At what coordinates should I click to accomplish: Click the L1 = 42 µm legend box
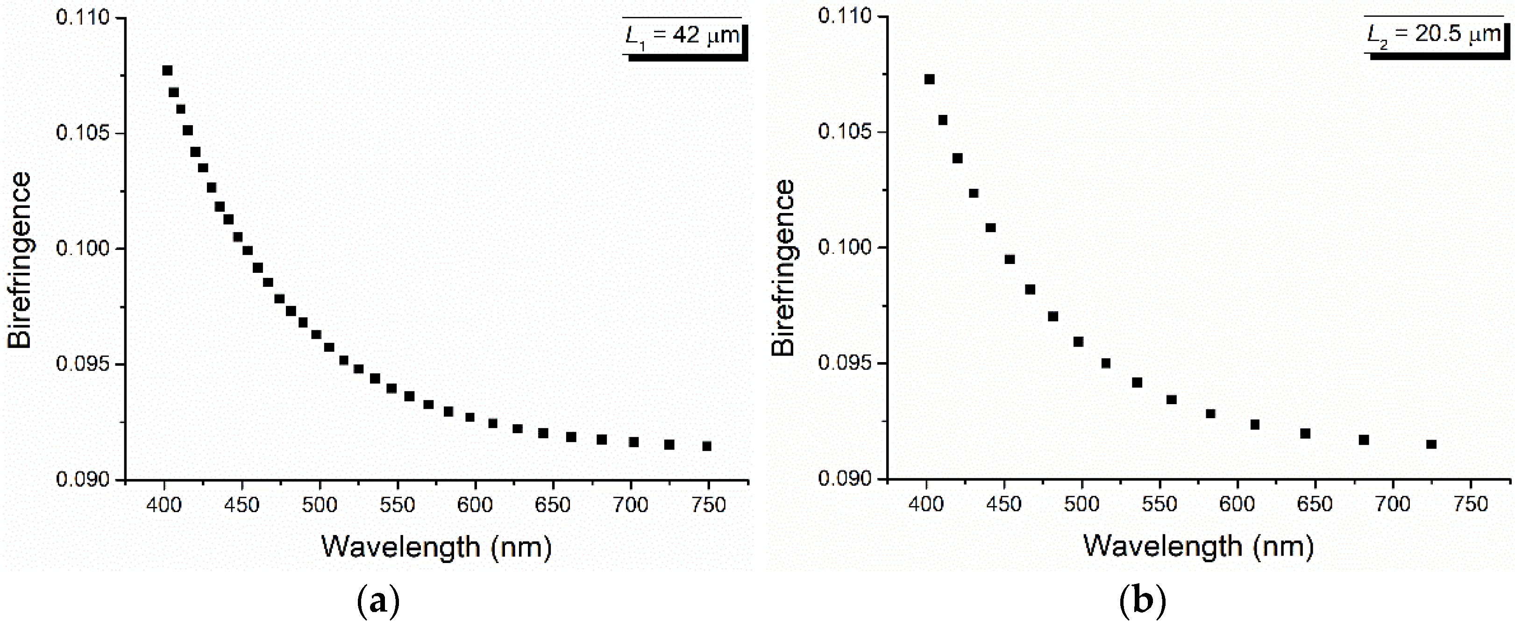click(x=683, y=36)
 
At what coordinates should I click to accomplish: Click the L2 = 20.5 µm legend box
click(x=1435, y=35)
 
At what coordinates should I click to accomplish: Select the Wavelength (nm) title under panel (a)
click(x=436, y=547)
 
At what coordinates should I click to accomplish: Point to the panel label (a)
click(x=378, y=601)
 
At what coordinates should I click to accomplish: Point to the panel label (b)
click(x=1142, y=601)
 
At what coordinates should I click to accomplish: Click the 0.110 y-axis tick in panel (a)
click(x=83, y=18)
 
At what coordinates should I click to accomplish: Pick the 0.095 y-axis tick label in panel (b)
click(x=845, y=363)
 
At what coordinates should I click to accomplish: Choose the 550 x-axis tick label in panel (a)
click(x=397, y=505)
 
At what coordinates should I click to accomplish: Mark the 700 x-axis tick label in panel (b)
click(x=1393, y=504)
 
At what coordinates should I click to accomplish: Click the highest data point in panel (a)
click(x=167, y=71)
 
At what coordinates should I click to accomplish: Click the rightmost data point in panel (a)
click(x=707, y=446)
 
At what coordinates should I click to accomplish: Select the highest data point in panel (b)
click(x=929, y=79)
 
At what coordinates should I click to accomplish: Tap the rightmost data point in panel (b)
click(x=1431, y=444)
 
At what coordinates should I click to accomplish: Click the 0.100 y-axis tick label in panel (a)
click(x=83, y=248)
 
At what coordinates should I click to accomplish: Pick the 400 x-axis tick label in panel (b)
click(x=926, y=504)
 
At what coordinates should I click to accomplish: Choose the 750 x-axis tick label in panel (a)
click(x=709, y=505)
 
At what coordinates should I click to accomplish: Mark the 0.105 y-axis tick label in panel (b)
click(x=845, y=131)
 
